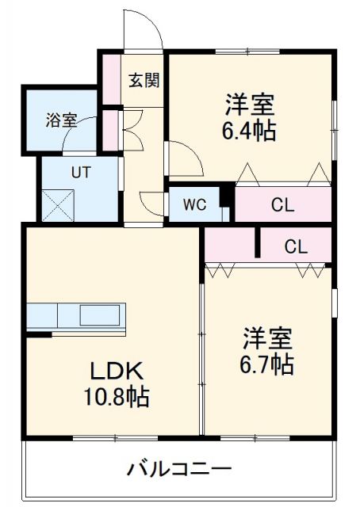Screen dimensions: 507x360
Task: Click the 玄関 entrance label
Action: click(144, 80)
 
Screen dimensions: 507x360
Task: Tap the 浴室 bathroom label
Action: click(61, 120)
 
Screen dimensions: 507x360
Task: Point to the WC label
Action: click(195, 205)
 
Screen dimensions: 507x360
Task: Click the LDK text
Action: click(116, 371)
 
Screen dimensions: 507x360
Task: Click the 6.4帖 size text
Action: click(251, 132)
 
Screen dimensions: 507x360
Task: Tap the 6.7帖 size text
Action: click(268, 364)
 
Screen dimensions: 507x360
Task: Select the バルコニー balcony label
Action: click(179, 469)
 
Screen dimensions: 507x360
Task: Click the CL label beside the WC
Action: click(282, 205)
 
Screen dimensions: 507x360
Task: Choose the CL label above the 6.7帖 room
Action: click(296, 246)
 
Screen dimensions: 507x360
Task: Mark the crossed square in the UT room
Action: click(58, 204)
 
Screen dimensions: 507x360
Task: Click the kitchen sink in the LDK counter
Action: click(97, 315)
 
